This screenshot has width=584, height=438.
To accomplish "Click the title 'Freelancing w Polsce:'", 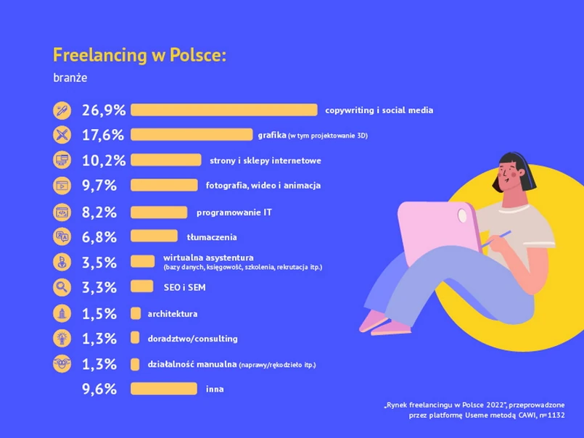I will (139, 55).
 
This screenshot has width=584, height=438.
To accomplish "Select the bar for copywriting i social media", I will (223, 110).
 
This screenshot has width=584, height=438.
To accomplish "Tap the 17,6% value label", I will (103, 135).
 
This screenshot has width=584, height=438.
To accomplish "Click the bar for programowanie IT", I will (159, 212).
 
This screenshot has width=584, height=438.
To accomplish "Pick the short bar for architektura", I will (135, 313).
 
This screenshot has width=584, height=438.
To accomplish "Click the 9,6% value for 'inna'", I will (99, 389).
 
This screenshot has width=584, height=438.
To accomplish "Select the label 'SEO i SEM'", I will (185, 287).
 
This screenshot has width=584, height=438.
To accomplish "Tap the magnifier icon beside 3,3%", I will (62, 287).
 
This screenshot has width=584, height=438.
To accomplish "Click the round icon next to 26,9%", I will (62, 110).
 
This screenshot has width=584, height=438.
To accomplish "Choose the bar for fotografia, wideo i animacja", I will (163, 185).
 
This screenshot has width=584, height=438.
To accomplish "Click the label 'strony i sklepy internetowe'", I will (265, 160).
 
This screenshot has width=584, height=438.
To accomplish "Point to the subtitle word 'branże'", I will (70, 77).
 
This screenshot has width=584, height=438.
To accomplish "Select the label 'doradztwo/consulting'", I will (192, 339).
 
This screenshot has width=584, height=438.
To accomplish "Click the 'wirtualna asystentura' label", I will (208, 257).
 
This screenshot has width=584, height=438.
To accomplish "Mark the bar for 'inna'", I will (163, 389).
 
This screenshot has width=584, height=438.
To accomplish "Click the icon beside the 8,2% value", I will (62, 212).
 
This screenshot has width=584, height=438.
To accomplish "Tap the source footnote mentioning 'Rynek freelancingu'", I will (474, 410).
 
